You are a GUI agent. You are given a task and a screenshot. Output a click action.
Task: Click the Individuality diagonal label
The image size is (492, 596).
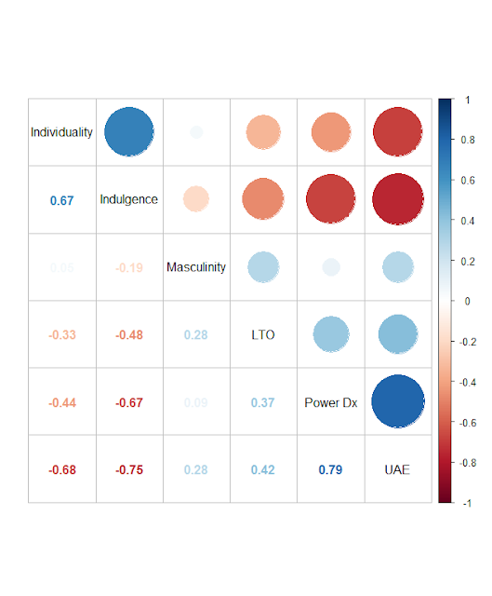point(61,132)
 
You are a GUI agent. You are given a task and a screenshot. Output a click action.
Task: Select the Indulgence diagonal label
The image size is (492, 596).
point(129,199)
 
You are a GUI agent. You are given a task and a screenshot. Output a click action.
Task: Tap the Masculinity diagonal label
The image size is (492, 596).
point(196,267)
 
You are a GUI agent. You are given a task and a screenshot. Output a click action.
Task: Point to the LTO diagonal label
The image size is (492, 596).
point(263,334)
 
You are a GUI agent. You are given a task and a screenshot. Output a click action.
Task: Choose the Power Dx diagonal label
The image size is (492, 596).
point(330,402)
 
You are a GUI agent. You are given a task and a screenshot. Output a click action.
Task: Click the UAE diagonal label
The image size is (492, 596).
point(397,469)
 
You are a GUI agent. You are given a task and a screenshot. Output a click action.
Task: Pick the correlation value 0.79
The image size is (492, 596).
point(330,469)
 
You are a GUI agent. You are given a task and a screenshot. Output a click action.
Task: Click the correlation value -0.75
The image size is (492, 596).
point(129,469)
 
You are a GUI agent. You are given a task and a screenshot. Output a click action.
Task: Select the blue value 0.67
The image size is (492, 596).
point(61,199)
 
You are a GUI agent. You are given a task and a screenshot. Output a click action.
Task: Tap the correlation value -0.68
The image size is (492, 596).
point(61,469)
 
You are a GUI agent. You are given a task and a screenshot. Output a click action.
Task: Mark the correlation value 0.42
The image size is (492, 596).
point(263,469)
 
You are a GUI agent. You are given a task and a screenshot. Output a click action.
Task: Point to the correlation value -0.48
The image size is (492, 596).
point(129,334)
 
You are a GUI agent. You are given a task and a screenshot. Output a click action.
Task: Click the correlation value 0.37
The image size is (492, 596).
point(263,402)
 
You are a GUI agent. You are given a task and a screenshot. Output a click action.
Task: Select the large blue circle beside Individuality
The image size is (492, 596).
point(129,132)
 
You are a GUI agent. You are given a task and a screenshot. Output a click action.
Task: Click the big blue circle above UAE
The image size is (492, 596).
point(397,401)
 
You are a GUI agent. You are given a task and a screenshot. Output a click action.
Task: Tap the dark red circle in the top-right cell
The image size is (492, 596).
point(397,132)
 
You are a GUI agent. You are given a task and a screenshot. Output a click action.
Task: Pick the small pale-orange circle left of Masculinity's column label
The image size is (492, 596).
point(196,198)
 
